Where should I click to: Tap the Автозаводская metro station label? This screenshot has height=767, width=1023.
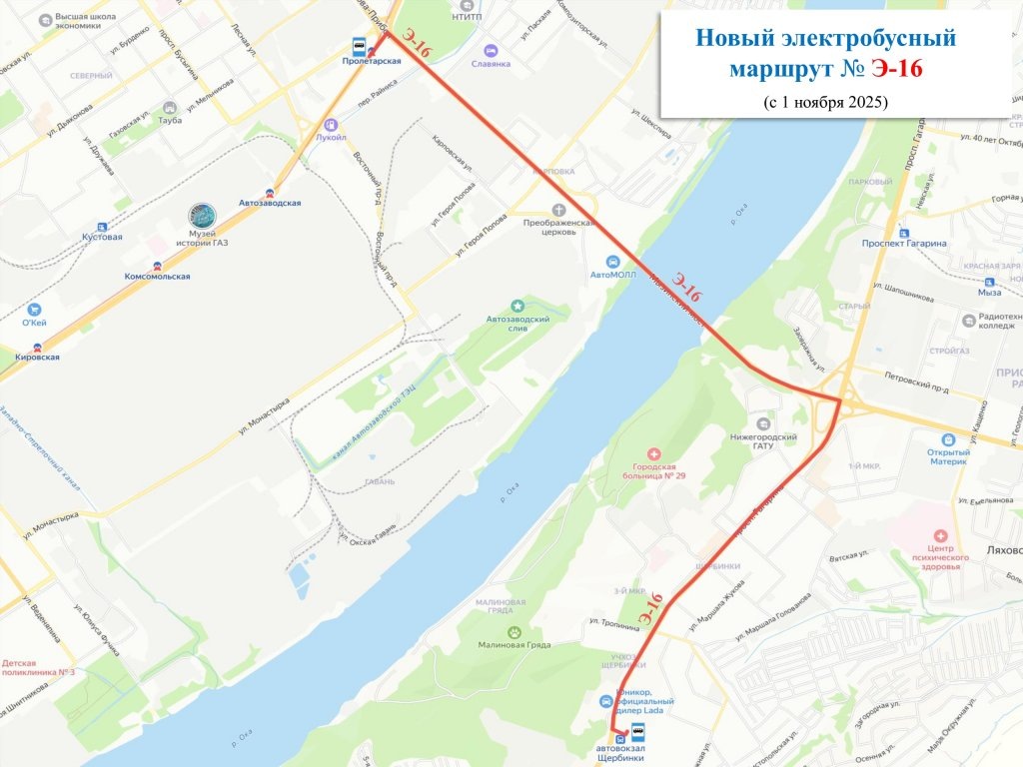coord(269,203)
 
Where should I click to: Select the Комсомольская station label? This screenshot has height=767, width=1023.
coord(157,276)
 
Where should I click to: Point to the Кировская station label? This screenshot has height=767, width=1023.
coord(37,357)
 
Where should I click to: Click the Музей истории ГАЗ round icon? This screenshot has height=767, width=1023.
coord(202,215)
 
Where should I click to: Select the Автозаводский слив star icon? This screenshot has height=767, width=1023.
coord(517,305)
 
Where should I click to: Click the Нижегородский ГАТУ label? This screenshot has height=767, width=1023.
coord(765,443)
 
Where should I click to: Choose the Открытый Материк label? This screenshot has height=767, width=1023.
coord(948,455)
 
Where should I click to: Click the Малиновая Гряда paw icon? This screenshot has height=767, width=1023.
coord(513,631)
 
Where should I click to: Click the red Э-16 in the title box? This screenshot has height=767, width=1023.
coord(896,68)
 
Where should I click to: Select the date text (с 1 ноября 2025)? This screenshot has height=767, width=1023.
coord(825,102)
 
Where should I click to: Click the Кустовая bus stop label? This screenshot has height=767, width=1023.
coord(102,237)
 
